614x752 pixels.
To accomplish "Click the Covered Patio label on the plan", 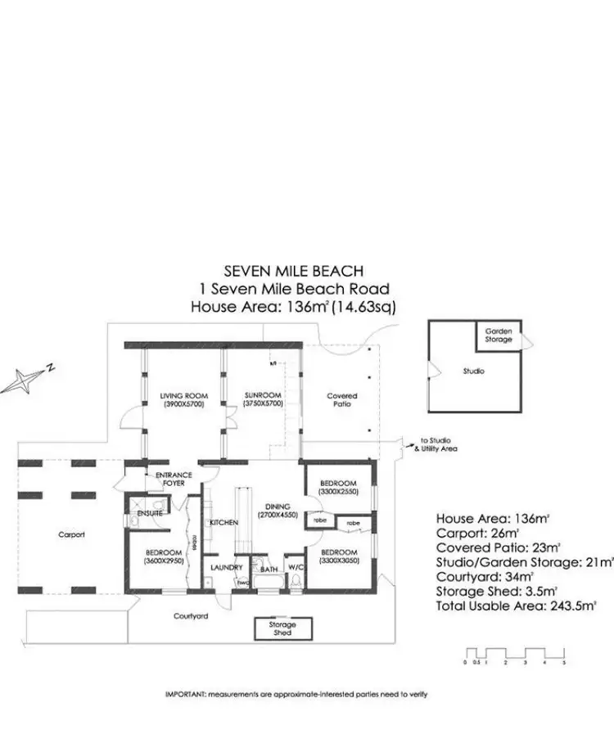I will point(341,400).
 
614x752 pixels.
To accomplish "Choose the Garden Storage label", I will point(499,335).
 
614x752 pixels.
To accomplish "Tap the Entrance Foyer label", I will point(168,479).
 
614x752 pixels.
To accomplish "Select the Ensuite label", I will point(150,512).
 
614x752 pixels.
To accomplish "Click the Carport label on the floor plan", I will point(71,534).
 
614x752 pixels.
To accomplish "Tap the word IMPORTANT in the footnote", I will point(184,694).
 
